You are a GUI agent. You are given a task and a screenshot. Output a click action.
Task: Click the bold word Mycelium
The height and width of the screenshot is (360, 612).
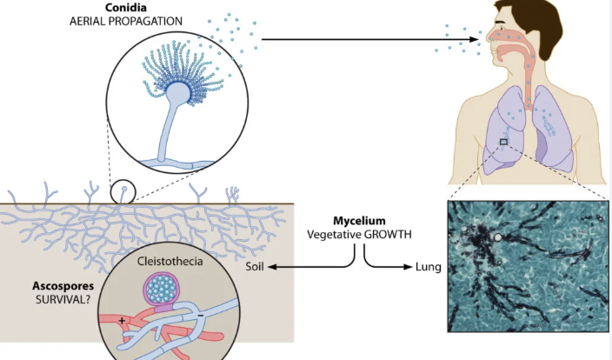[357, 221]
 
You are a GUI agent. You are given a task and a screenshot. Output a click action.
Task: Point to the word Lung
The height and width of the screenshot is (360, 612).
[427, 266]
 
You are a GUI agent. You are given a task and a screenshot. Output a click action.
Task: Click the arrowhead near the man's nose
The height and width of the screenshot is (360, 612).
[476, 39]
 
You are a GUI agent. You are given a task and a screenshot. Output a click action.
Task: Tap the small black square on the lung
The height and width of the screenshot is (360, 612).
[503, 142]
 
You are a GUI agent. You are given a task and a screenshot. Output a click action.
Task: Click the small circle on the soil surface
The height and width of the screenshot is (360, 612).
[123, 191]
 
